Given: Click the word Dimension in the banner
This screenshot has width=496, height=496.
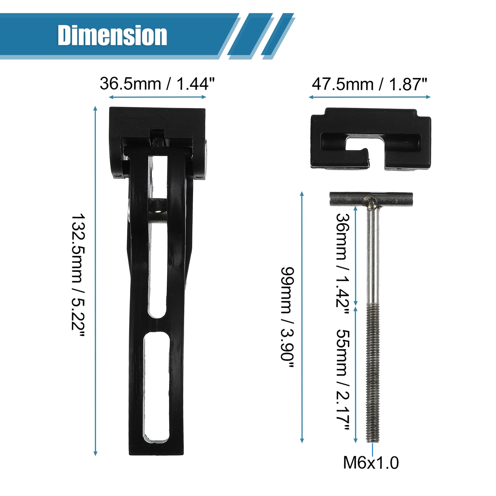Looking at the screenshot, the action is [x=112, y=35].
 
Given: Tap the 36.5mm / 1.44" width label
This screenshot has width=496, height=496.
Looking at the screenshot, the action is [x=157, y=84].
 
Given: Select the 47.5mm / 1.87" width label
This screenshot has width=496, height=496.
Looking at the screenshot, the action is [x=369, y=84].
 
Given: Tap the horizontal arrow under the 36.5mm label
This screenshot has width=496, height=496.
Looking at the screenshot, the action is [x=157, y=97].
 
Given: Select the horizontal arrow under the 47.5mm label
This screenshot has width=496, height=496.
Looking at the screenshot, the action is [x=370, y=97].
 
